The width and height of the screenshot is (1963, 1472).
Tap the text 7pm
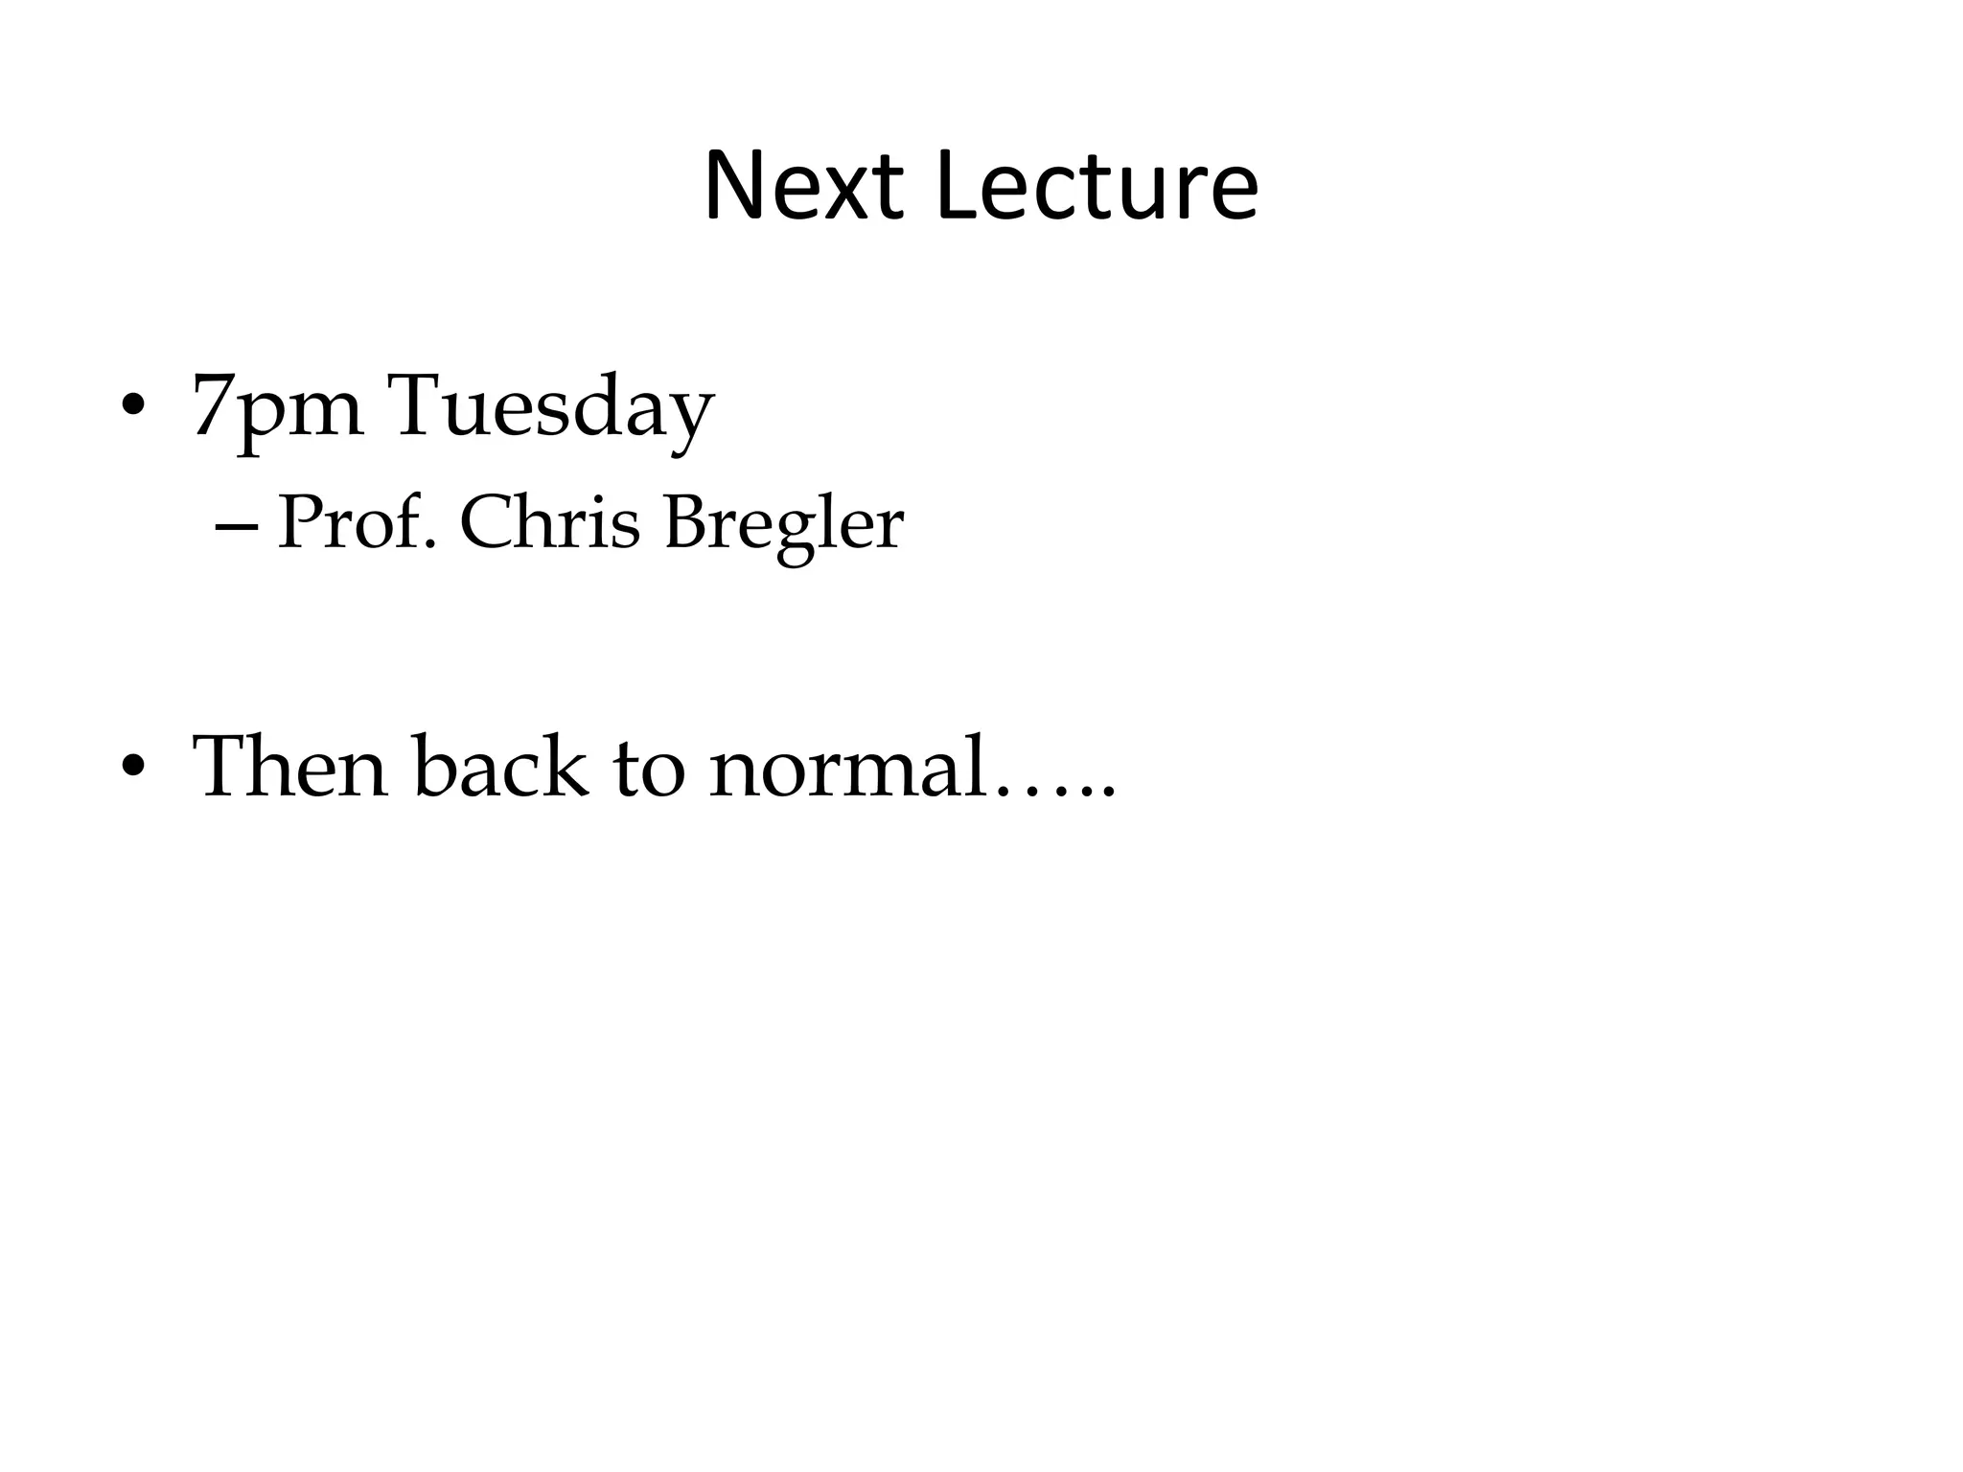[x=277, y=407]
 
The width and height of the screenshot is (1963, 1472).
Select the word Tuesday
[x=550, y=407]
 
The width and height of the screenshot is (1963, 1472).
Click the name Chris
[x=549, y=524]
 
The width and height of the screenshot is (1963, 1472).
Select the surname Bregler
[x=783, y=526]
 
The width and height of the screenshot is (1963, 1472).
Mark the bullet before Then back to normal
[x=133, y=766]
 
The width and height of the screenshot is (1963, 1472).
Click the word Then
[x=289, y=766]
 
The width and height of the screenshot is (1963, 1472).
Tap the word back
[x=500, y=766]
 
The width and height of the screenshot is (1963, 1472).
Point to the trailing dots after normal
[x=1054, y=792]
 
